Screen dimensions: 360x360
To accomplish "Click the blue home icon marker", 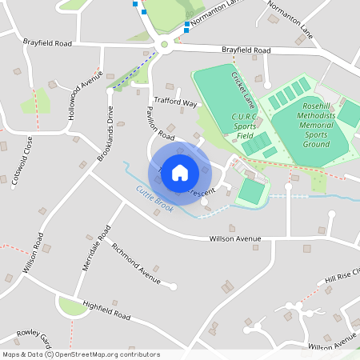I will tap(180, 172).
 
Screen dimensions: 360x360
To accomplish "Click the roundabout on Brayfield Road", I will tap(165, 46).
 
